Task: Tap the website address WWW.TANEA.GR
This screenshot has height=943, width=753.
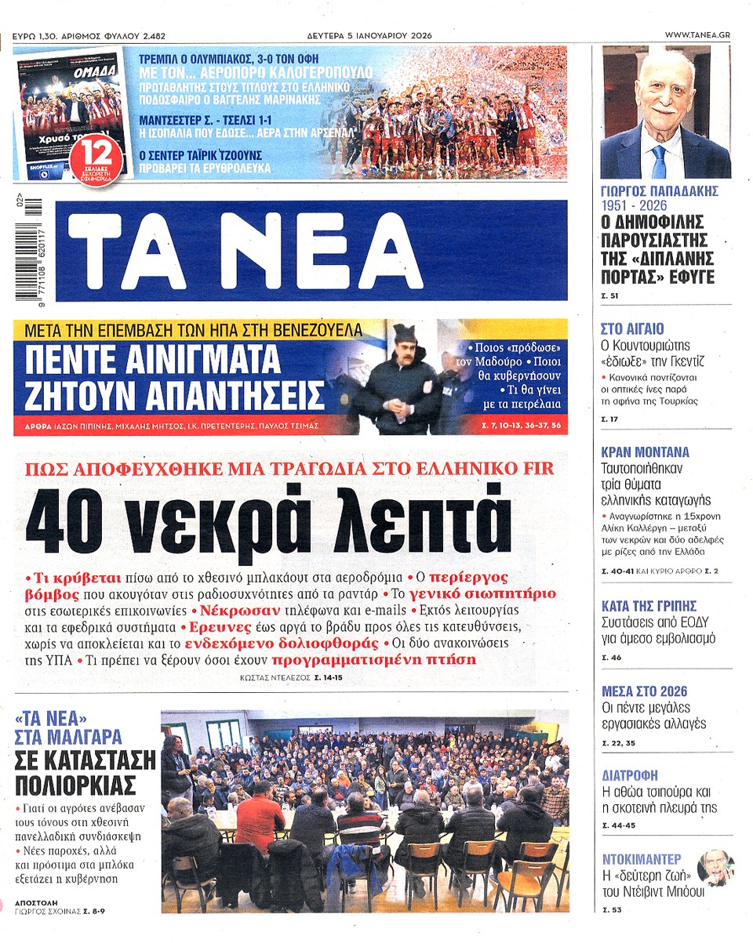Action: tap(697, 35)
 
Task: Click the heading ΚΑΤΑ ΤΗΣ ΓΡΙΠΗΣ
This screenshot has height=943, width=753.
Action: tap(648, 606)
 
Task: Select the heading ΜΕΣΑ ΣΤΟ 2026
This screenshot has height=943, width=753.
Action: tap(644, 691)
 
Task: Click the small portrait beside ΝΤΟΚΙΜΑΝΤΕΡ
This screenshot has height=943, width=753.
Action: tap(714, 867)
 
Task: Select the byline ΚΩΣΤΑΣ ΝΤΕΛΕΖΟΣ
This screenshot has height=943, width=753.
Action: tap(275, 676)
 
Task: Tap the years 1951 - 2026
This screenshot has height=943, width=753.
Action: tap(634, 205)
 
